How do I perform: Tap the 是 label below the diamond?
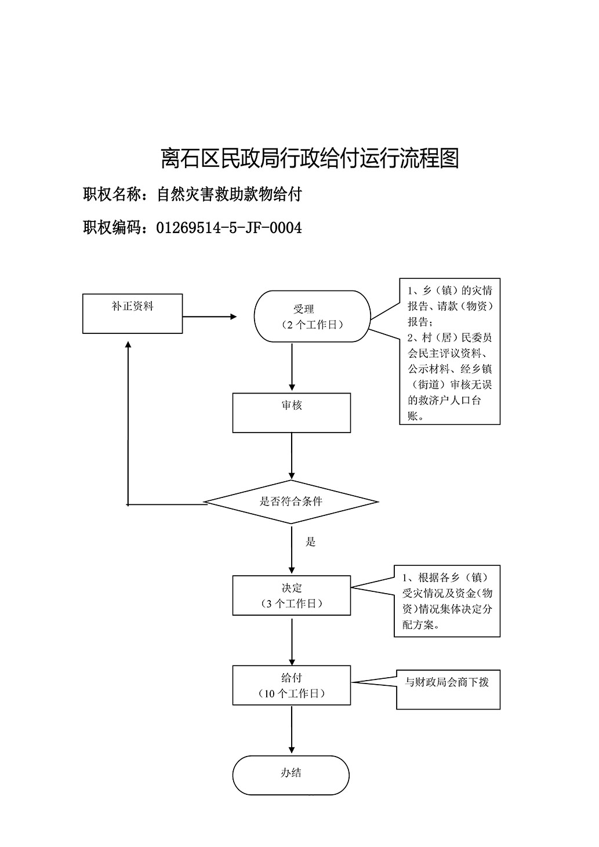point(310,541)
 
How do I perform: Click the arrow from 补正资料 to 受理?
point(209,317)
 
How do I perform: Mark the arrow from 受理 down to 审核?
point(292,367)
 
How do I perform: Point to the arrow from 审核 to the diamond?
point(292,456)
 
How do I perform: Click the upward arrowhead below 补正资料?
point(128,344)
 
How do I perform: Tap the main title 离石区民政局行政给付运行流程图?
point(310,158)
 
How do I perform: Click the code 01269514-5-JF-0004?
point(229,228)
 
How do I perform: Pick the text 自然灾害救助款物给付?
point(229,194)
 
